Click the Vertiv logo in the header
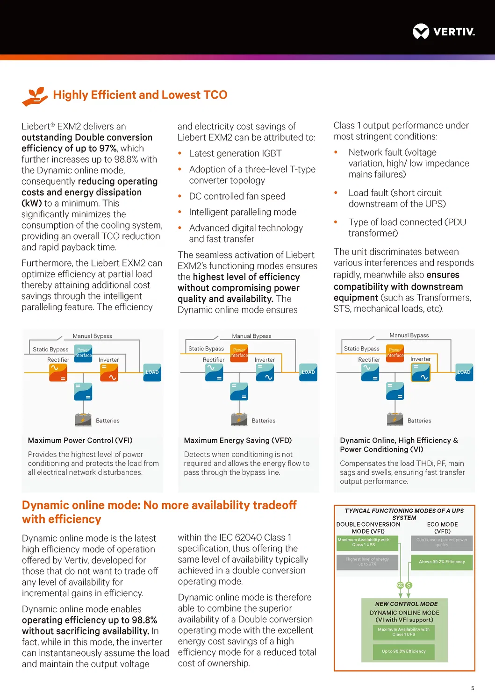[x=444, y=32]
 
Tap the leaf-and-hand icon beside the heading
[x=35, y=96]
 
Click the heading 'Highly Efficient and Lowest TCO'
[x=140, y=95]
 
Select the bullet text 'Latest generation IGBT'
[x=235, y=153]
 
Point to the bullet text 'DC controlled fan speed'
[x=237, y=196]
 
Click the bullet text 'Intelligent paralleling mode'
[x=243, y=212]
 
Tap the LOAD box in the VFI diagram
[x=152, y=372]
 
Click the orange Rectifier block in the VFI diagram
[x=58, y=373]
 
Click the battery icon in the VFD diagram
[x=239, y=419]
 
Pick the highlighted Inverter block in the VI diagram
[x=420, y=373]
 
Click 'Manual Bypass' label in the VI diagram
[x=409, y=336]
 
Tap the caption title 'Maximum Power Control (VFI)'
[x=80, y=440]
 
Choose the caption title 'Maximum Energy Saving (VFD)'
[x=238, y=440]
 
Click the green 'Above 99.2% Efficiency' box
[x=442, y=562]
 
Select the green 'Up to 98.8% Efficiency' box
[x=404, y=651]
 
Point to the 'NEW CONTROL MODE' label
[x=406, y=604]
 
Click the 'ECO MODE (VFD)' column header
[x=442, y=528]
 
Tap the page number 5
[x=473, y=688]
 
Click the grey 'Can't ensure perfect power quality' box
[x=442, y=543]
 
